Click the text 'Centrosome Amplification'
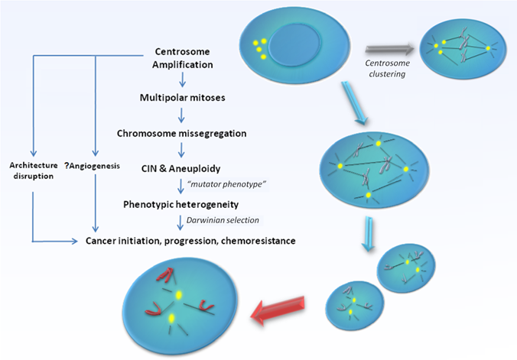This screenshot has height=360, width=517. tap(182, 58)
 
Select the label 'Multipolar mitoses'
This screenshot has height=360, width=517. tap(182, 97)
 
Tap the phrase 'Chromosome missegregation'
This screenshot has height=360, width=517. tap(181, 133)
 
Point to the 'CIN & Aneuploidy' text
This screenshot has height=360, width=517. tap(181, 168)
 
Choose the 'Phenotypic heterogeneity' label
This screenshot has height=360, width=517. tap(181, 204)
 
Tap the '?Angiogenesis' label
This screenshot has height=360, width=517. tap(95, 165)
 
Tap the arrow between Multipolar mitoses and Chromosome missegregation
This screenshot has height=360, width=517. tap(181, 115)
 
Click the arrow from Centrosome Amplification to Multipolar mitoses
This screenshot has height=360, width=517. tap(181, 79)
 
